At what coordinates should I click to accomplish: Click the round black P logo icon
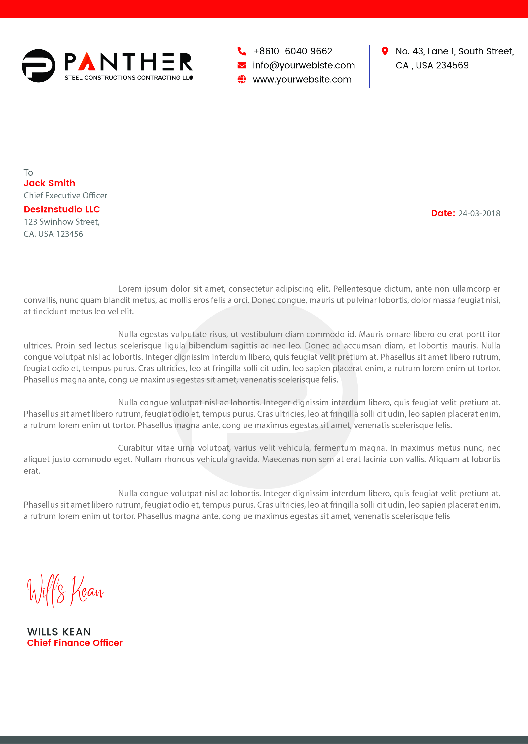point(38,66)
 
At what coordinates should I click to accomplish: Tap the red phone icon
point(242,51)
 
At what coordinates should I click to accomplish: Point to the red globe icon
point(242,79)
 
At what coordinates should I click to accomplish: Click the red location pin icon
point(385,51)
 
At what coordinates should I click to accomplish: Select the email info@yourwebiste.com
point(304,65)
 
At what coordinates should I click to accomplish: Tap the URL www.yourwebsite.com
point(302,79)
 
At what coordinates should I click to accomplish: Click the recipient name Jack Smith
point(49,183)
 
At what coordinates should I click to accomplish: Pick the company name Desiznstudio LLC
point(62,209)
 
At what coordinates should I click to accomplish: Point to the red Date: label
point(443,213)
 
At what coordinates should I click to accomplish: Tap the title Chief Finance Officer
point(75,643)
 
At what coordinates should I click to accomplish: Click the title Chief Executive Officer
point(65,195)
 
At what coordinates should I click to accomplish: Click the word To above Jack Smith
point(28,172)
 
